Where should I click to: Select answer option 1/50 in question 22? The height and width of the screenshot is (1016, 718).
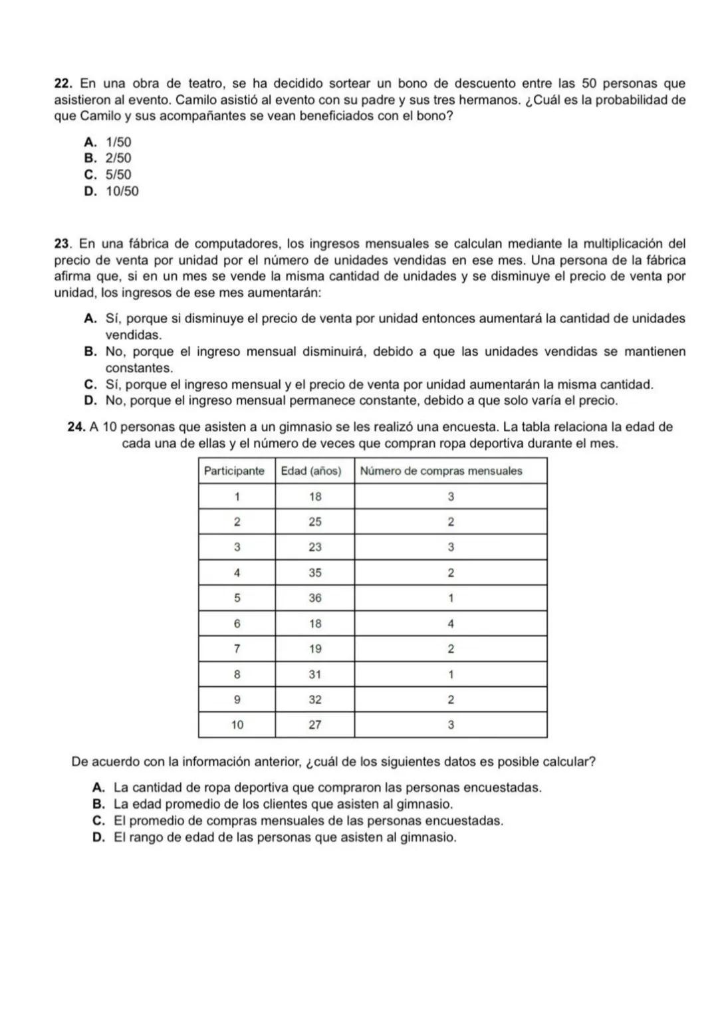118,142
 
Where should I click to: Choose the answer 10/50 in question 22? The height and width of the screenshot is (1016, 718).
122,191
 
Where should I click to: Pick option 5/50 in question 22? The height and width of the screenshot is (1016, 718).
118,175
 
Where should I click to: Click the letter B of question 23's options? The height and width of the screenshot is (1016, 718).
90,352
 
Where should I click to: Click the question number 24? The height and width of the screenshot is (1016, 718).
77,427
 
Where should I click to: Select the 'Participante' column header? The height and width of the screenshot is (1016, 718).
234,471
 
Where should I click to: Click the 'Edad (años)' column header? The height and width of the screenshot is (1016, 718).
311,471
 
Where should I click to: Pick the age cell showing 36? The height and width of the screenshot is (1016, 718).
315,598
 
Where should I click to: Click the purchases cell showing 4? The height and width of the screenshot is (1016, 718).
451,624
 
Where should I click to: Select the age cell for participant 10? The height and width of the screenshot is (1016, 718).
315,725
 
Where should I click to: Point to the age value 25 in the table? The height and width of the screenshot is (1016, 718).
315,522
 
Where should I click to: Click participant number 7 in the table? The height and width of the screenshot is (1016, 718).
237,648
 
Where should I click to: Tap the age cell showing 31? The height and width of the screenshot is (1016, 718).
315,674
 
